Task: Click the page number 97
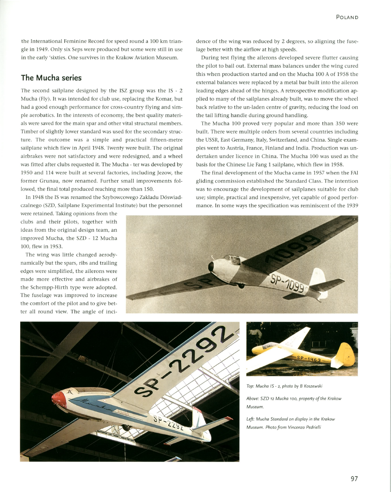pos(354,479)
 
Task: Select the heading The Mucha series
pos(51,77)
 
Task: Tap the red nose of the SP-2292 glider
pos(58,399)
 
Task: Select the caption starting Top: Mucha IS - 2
pos(284,386)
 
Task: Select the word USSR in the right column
pos(204,140)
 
